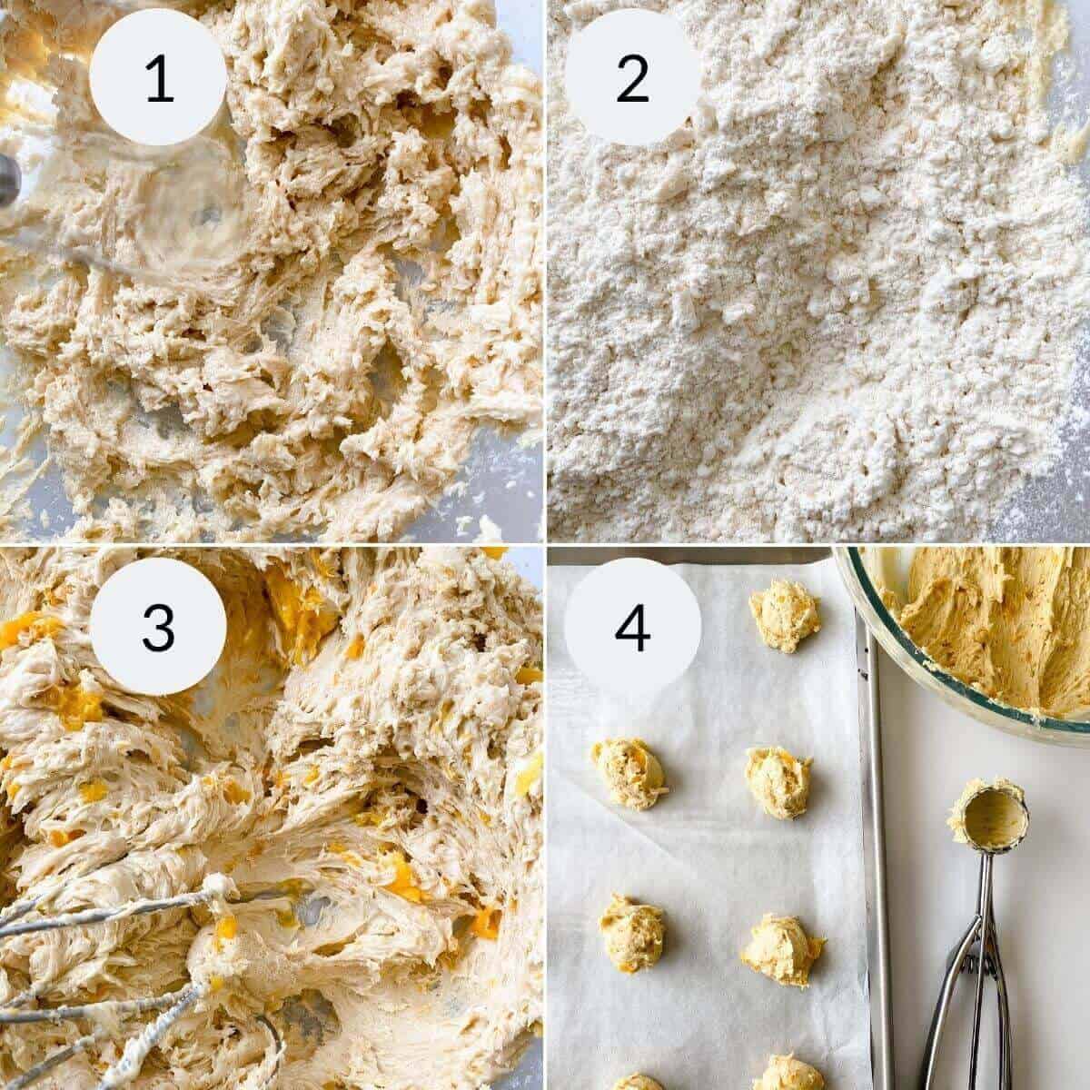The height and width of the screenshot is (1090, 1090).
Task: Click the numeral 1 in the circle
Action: (x=158, y=78)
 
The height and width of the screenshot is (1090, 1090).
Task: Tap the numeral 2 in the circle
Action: (x=632, y=78)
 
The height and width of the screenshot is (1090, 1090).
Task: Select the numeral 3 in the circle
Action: (x=158, y=626)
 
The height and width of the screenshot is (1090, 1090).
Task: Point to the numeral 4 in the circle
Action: (x=632, y=626)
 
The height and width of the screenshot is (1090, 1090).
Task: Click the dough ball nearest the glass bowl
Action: (x=784, y=615)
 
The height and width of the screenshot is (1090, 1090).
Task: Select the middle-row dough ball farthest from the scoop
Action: (x=628, y=772)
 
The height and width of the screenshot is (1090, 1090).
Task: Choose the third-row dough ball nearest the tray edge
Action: (x=782, y=949)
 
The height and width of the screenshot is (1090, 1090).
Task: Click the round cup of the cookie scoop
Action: (x=988, y=817)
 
